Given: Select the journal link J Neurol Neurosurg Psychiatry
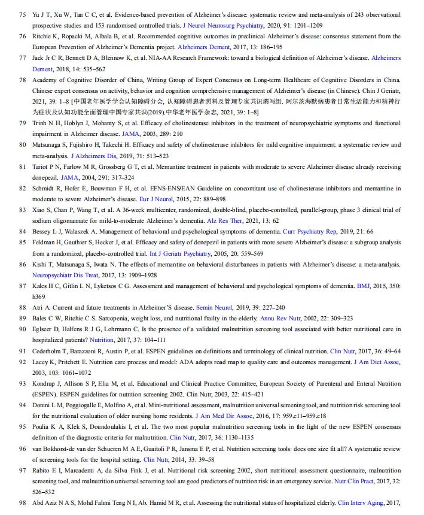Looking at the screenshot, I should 222,26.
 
